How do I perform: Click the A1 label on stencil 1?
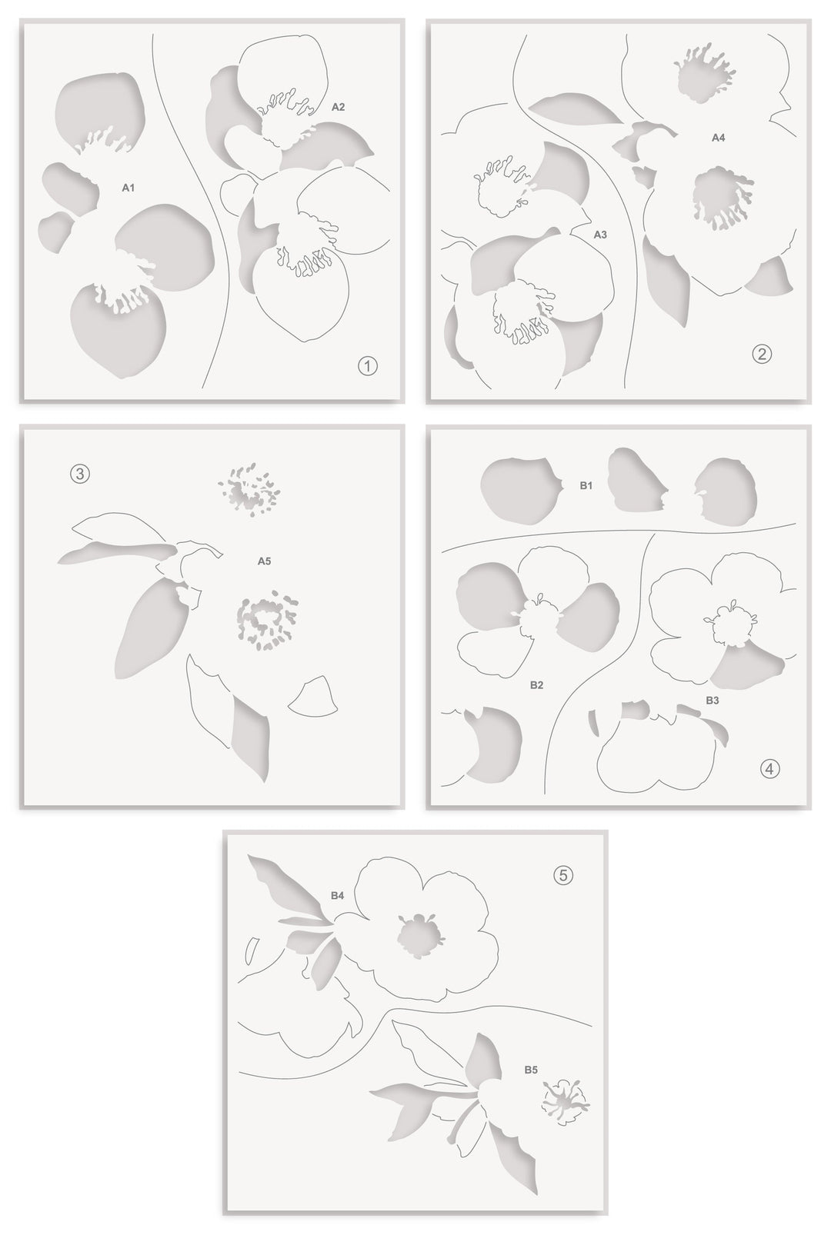[x=128, y=187]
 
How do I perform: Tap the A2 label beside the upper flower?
[x=339, y=108]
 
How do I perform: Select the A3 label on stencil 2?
[x=600, y=235]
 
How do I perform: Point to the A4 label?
[x=718, y=138]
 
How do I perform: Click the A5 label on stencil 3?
[x=264, y=561]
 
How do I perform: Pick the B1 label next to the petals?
[x=586, y=486]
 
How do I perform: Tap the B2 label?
[x=537, y=684]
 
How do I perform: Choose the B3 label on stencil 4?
[x=713, y=701]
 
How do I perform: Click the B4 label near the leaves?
[x=337, y=895]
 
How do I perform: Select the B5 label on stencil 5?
[x=531, y=1070]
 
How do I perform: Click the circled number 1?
[x=368, y=366]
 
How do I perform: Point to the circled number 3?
[x=80, y=474]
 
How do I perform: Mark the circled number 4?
[x=769, y=767]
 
